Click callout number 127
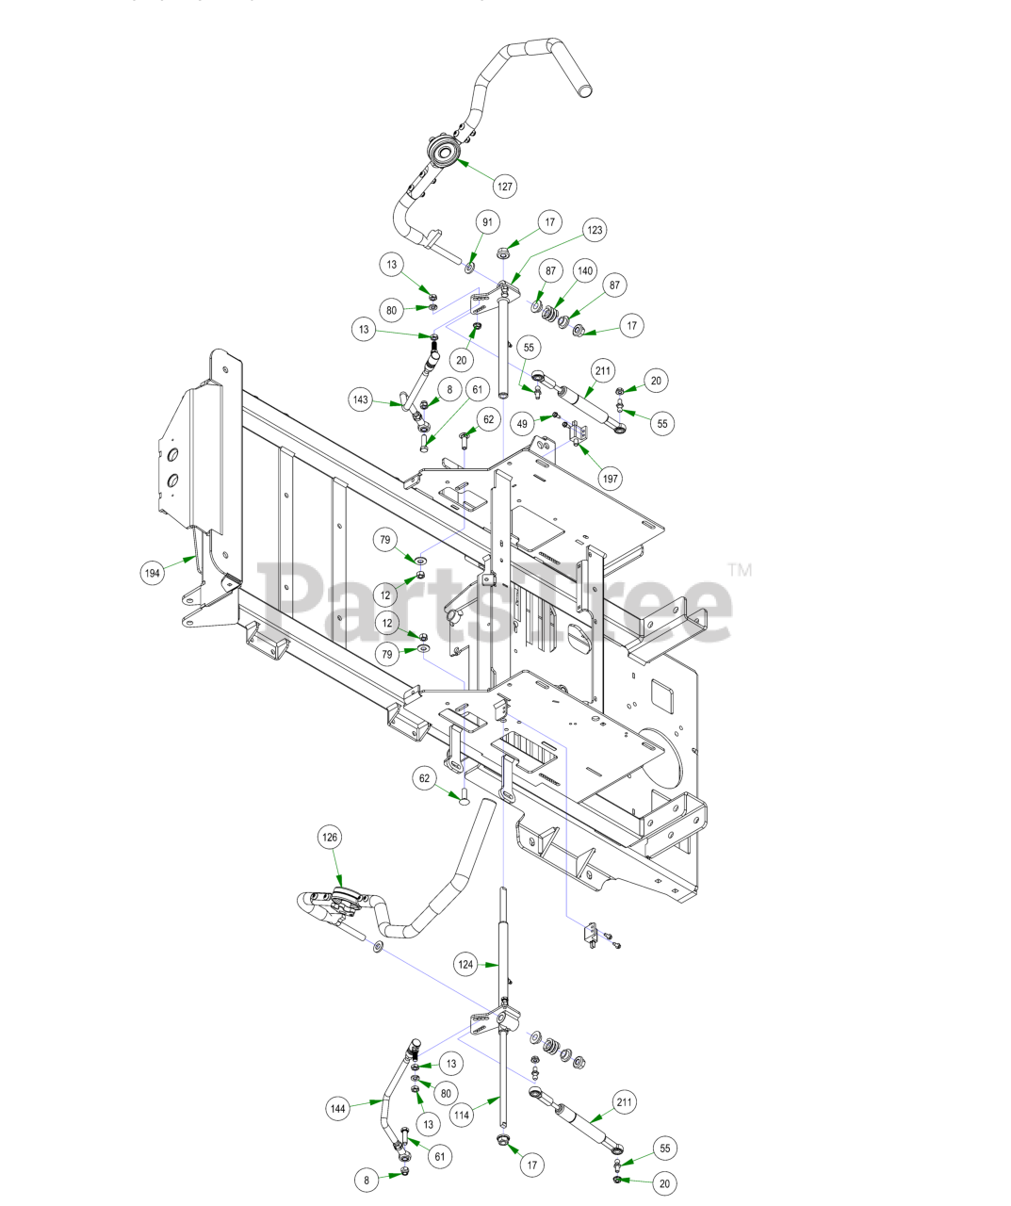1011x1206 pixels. (x=505, y=186)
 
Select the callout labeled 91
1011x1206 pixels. (x=487, y=222)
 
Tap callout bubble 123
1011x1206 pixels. (x=594, y=230)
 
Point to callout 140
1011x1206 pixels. (x=585, y=270)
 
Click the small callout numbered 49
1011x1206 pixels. (x=522, y=423)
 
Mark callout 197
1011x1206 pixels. (x=611, y=479)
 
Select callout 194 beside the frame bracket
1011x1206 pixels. (x=153, y=572)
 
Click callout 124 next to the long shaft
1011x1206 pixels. (x=466, y=964)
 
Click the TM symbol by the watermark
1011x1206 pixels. (x=740, y=569)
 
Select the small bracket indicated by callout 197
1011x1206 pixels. (x=579, y=433)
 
